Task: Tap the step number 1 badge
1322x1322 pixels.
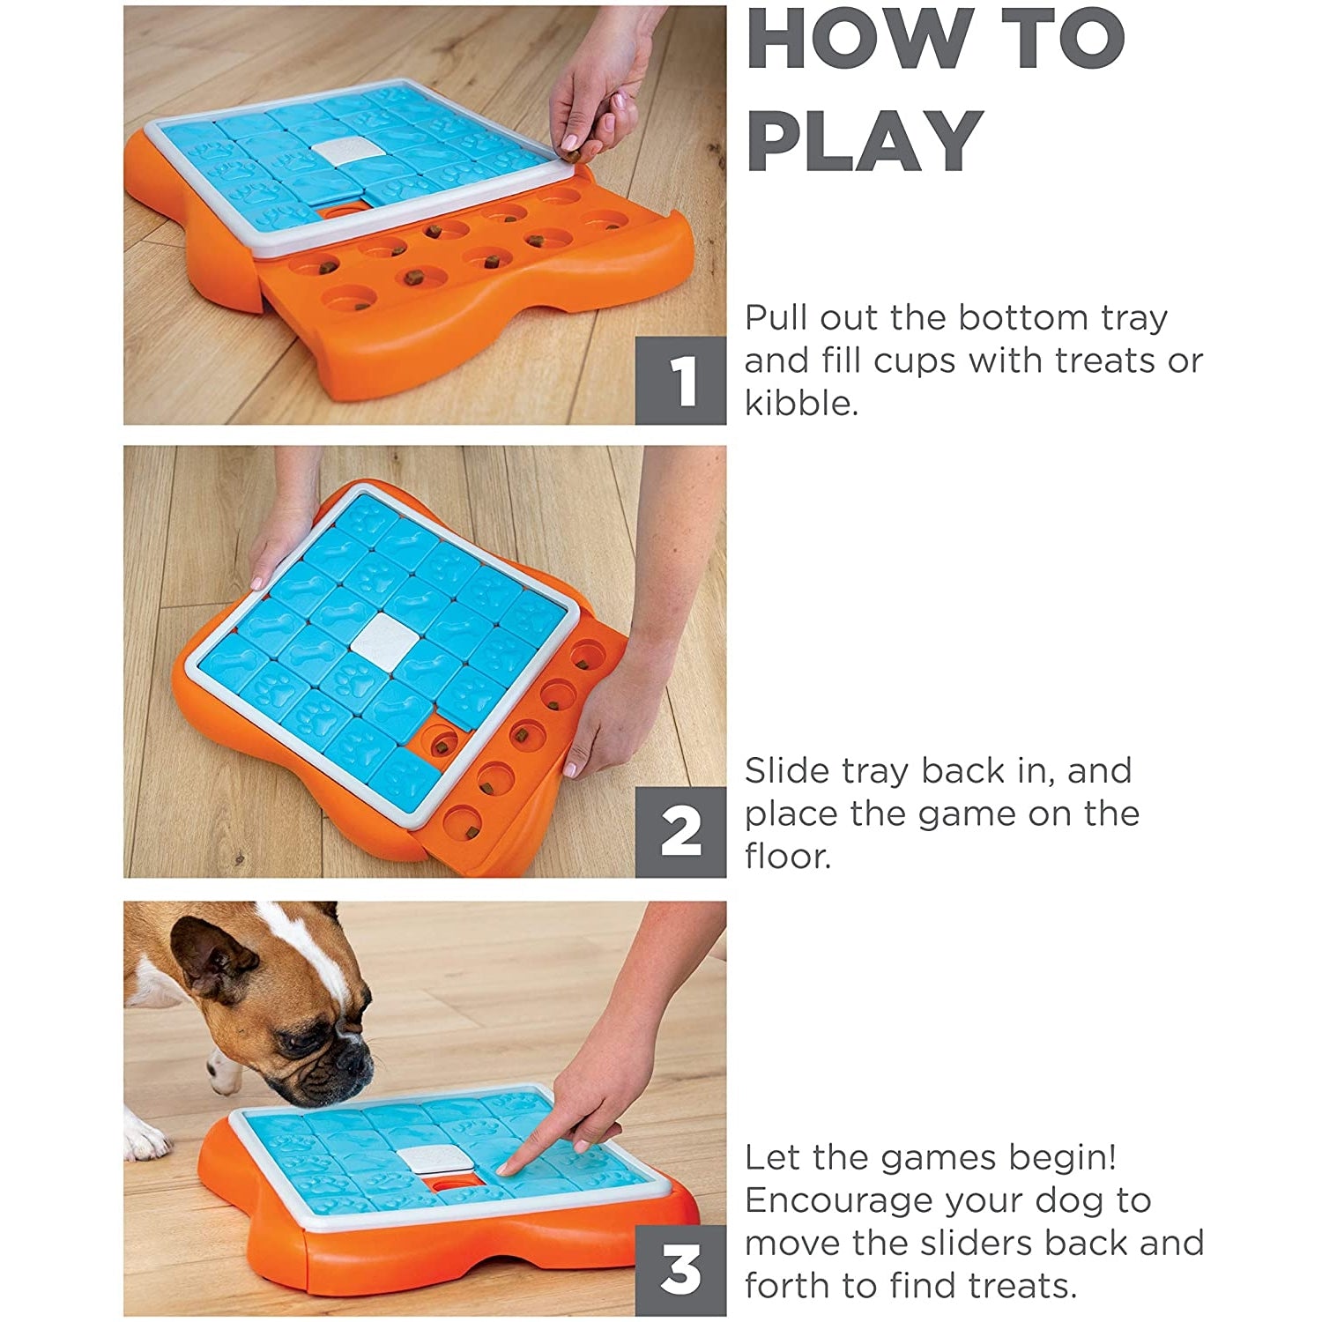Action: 680,381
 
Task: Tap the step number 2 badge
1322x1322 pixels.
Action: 680,832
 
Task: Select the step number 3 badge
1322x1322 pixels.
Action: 680,1269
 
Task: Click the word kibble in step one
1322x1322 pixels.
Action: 801,403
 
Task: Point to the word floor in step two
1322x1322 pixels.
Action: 788,856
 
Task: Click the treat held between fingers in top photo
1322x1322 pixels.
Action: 572,157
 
